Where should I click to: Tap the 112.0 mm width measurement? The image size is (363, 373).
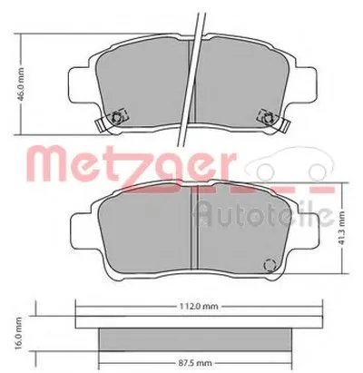click(194, 306)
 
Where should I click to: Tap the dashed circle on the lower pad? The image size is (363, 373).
click(269, 265)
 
